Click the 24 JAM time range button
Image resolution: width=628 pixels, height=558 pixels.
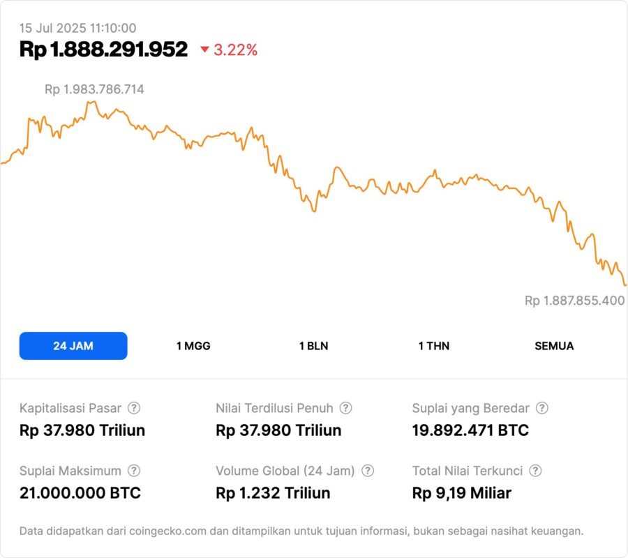pyautogui.click(x=73, y=346)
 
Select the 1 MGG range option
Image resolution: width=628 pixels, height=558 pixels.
pyautogui.click(x=193, y=346)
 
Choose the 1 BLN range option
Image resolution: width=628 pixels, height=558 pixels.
pyautogui.click(x=313, y=346)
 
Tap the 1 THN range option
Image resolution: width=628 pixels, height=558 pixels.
pyautogui.click(x=434, y=346)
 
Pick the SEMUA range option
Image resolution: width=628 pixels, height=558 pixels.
pyautogui.click(x=554, y=346)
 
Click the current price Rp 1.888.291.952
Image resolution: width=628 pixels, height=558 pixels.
pyautogui.click(x=103, y=50)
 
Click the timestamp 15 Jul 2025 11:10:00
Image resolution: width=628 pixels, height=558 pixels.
pyautogui.click(x=77, y=29)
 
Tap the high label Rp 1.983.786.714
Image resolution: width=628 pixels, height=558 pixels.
pyautogui.click(x=94, y=89)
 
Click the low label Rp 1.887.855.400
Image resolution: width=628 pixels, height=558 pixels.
pyautogui.click(x=574, y=301)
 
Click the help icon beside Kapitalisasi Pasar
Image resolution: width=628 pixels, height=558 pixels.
pyautogui.click(x=134, y=408)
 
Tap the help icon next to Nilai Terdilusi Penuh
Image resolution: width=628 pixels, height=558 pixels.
pyautogui.click(x=345, y=408)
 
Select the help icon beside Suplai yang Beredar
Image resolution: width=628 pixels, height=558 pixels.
pyautogui.click(x=541, y=408)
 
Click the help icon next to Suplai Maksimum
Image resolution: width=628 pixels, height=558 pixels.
pyautogui.click(x=134, y=471)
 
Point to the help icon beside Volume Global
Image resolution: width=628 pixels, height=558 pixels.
pyautogui.click(x=368, y=471)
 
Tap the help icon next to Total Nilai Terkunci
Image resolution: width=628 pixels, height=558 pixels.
pyautogui.click(x=535, y=471)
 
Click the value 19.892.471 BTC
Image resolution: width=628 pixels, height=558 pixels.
pyautogui.click(x=470, y=430)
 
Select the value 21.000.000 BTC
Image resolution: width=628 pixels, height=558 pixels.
pyautogui.click(x=80, y=493)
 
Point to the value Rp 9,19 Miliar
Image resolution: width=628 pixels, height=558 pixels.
pyautogui.click(x=461, y=493)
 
